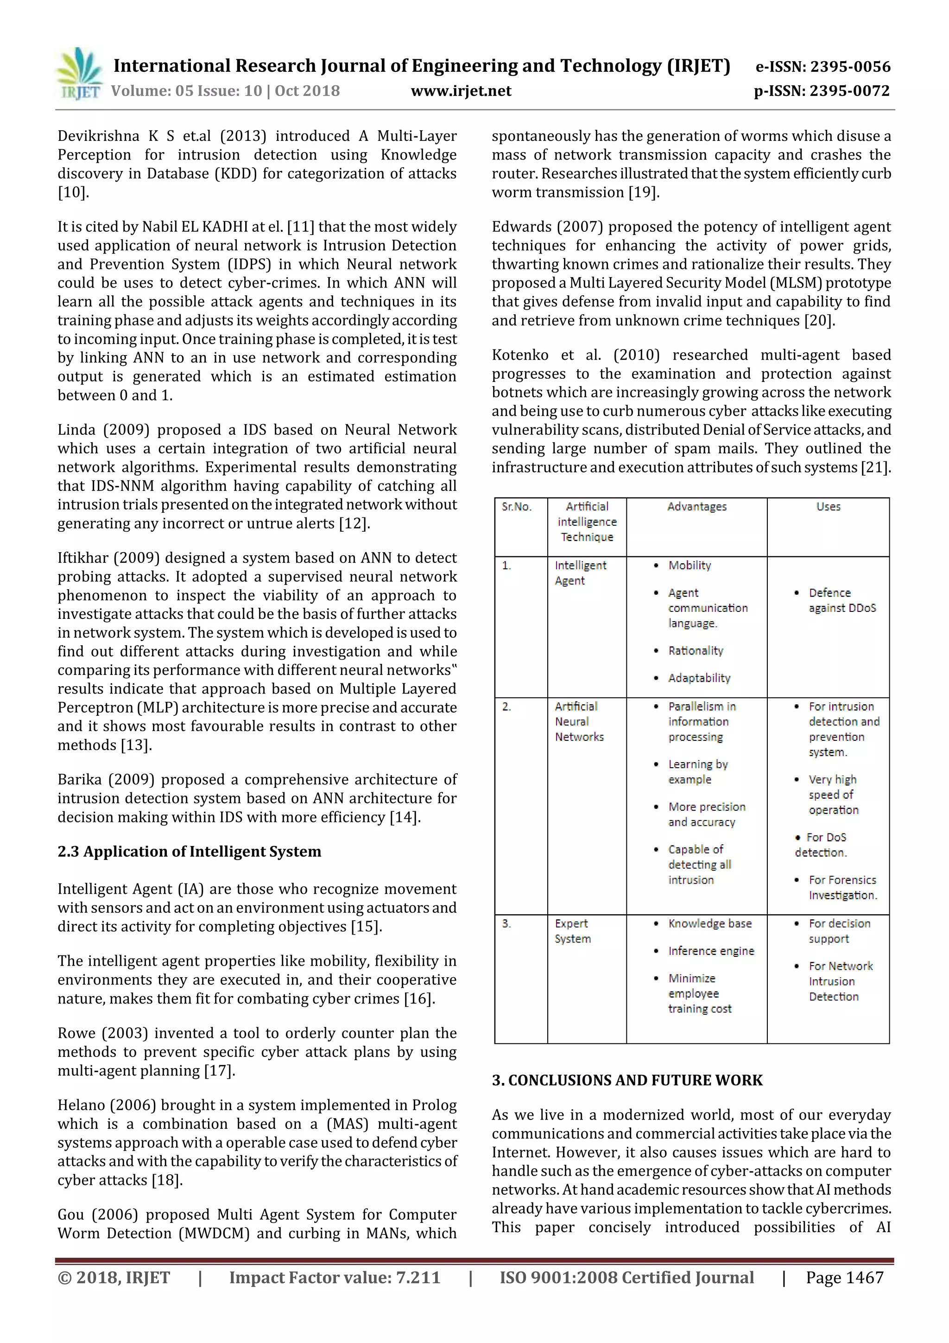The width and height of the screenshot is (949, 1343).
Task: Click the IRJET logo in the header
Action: [x=79, y=74]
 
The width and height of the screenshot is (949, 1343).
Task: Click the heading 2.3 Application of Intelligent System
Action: [x=190, y=851]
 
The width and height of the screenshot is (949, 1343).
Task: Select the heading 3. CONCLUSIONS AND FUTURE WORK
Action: [x=627, y=1080]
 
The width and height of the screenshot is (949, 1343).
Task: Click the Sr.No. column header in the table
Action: [x=516, y=507]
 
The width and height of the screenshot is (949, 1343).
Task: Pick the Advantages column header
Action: [x=696, y=507]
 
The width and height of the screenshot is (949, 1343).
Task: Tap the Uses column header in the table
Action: [x=828, y=507]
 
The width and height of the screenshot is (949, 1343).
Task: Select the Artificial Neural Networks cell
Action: [x=579, y=721]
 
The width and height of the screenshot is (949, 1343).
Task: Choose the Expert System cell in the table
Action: [x=572, y=930]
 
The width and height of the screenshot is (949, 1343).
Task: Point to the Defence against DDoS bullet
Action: [x=841, y=600]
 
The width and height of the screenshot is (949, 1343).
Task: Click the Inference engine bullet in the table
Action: [x=710, y=951]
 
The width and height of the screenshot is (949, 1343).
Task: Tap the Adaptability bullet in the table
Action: [x=699, y=678]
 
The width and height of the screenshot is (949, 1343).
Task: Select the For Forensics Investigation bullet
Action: [x=842, y=887]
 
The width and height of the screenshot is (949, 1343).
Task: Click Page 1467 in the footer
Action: [x=844, y=1278]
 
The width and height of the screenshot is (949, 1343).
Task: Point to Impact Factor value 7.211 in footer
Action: [x=335, y=1278]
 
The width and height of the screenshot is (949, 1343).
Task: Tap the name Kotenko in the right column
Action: [x=520, y=355]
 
